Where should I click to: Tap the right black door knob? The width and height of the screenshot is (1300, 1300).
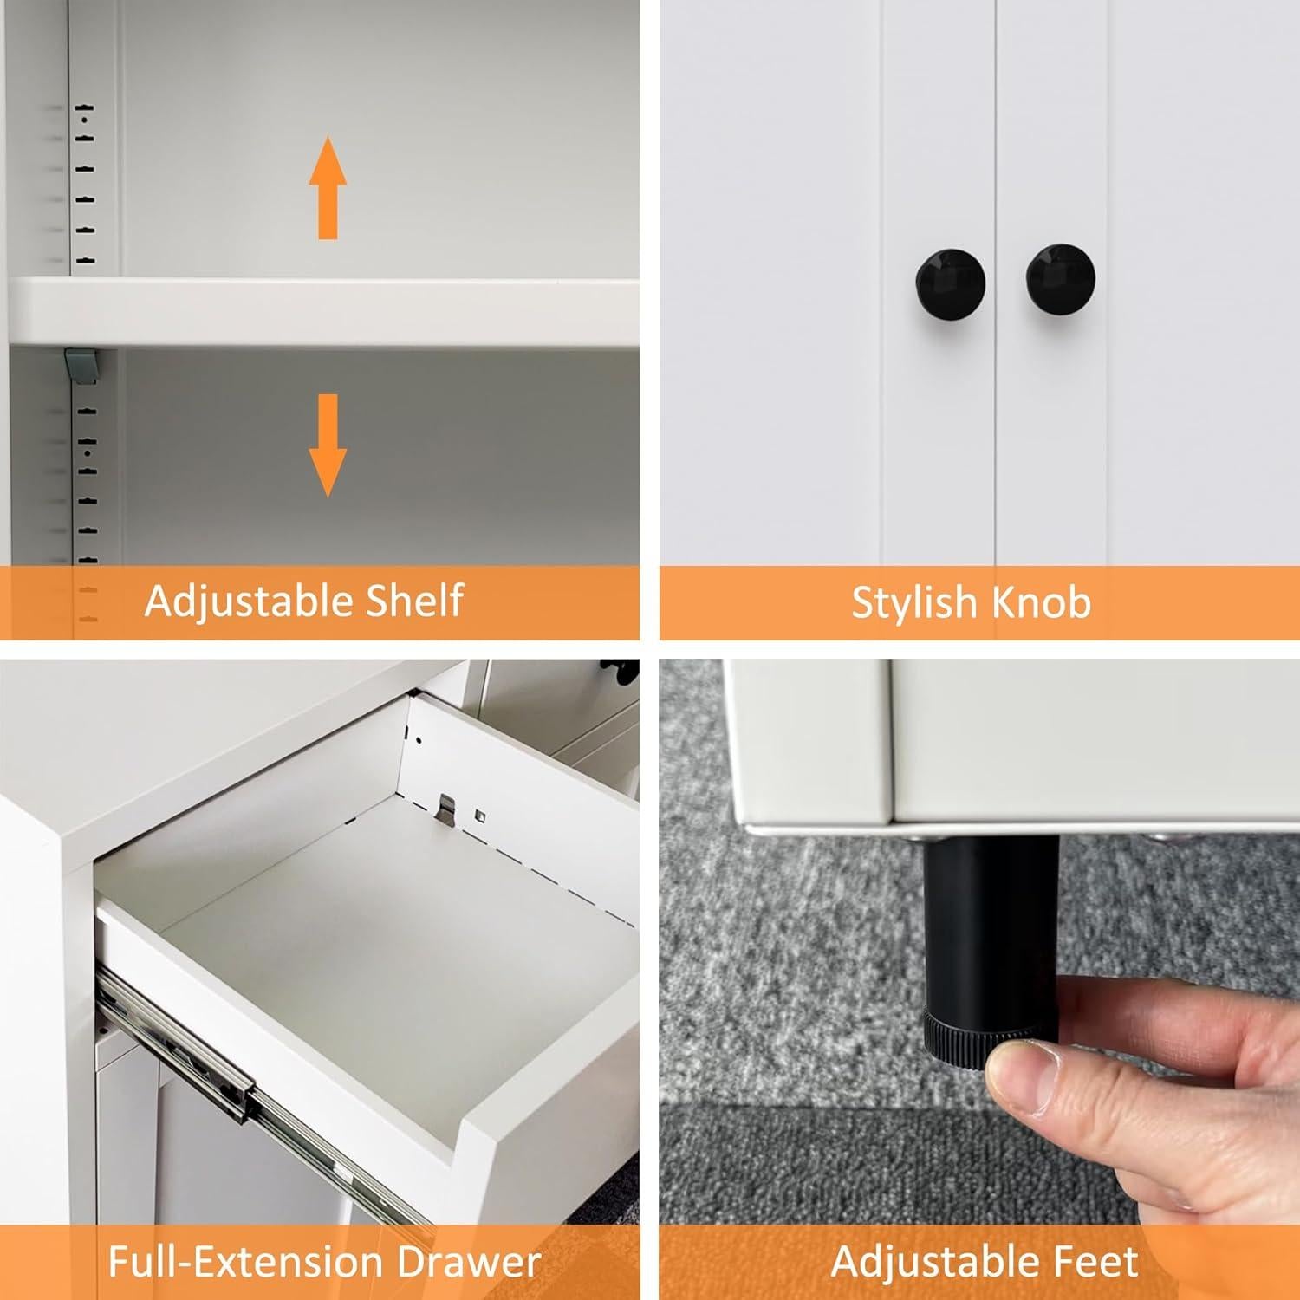[1060, 278]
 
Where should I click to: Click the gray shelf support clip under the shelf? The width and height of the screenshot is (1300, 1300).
[80, 364]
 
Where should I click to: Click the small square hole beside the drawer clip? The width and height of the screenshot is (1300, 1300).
[478, 815]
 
